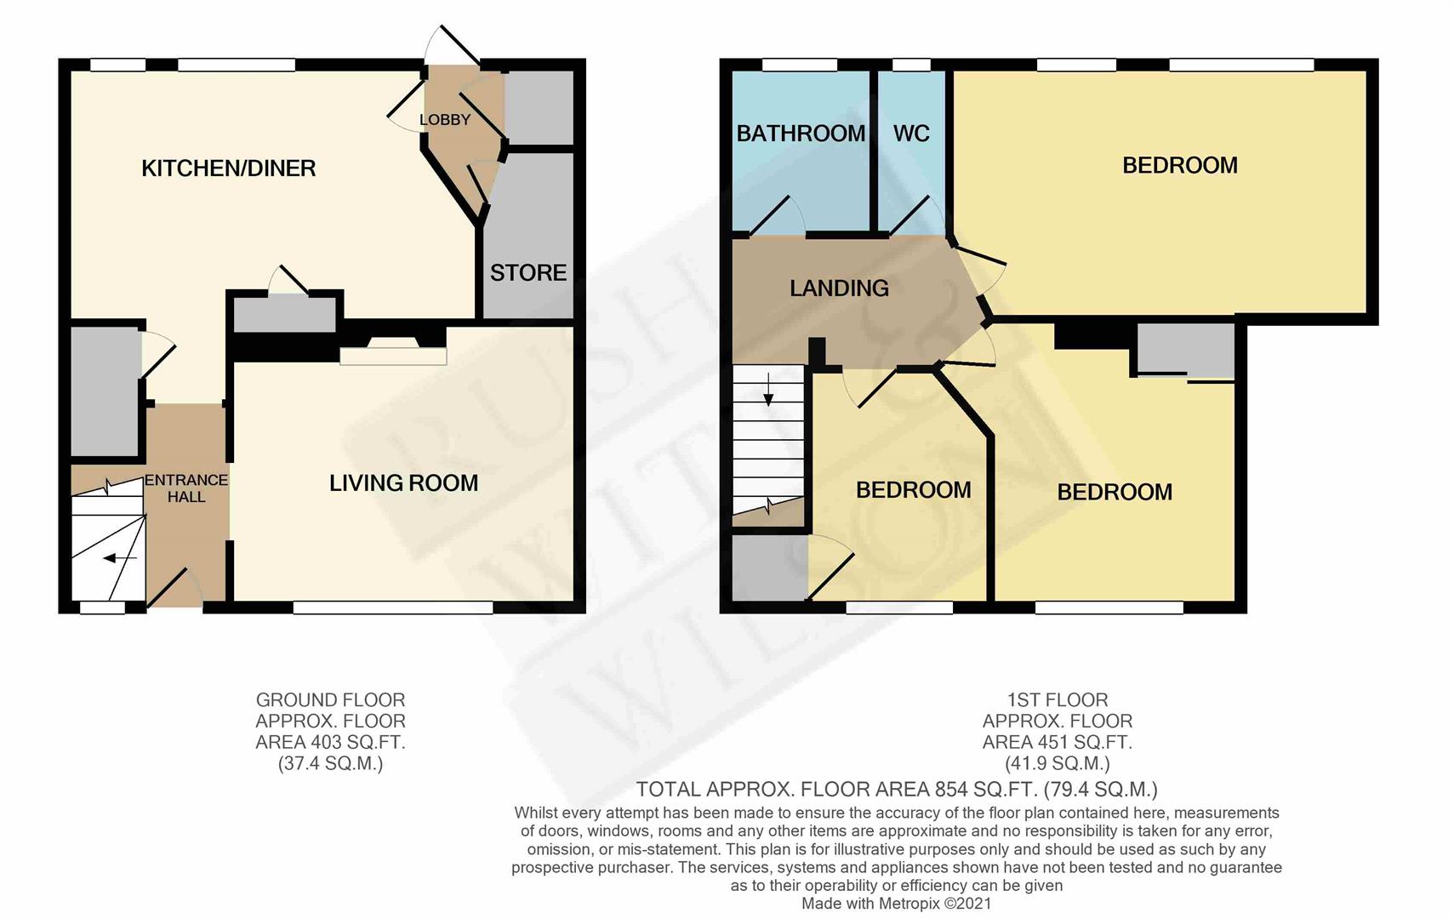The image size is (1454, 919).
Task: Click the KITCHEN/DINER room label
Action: tap(229, 168)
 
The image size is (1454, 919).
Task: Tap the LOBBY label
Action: tap(445, 119)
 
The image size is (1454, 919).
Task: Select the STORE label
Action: tap(528, 272)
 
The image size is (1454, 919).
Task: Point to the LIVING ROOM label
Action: tap(404, 482)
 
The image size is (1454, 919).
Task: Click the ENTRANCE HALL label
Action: tap(186, 488)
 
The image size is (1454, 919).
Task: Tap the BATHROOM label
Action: tap(801, 133)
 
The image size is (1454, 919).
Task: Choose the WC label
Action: tap(911, 133)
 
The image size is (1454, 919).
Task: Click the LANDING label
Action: tap(839, 288)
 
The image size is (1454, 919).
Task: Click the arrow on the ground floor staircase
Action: tap(120, 557)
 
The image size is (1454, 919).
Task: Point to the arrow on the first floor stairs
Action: tap(768, 390)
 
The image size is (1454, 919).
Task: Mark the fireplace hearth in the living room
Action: tap(393, 357)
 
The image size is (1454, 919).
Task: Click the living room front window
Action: tap(393, 608)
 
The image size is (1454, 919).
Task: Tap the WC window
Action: tap(911, 65)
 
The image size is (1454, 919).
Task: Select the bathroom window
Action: tap(800, 65)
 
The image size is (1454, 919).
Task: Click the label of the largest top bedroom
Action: tap(1180, 165)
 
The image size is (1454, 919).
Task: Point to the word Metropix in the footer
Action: tap(909, 904)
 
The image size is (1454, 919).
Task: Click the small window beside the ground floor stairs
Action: tap(103, 608)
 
